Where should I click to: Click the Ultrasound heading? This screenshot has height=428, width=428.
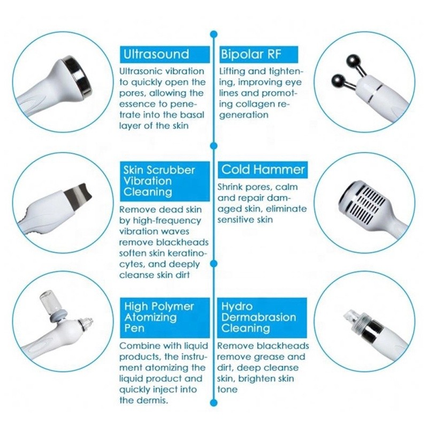(156, 54)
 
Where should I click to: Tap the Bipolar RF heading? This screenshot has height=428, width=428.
(250, 54)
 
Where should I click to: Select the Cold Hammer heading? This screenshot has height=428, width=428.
(263, 170)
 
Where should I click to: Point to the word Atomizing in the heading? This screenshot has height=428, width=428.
(150, 317)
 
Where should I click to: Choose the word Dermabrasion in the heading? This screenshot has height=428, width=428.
(259, 317)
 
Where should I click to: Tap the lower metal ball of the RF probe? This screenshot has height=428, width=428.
(338, 81)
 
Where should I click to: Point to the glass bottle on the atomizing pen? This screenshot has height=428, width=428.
(49, 301)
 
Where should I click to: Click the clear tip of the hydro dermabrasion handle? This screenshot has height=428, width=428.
(350, 317)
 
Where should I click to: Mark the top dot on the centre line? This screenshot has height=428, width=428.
(213, 34)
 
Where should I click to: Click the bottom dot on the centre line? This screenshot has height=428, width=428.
(213, 403)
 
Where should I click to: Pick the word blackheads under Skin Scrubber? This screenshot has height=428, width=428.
(182, 242)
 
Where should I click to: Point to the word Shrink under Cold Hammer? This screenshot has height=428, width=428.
(230, 187)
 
